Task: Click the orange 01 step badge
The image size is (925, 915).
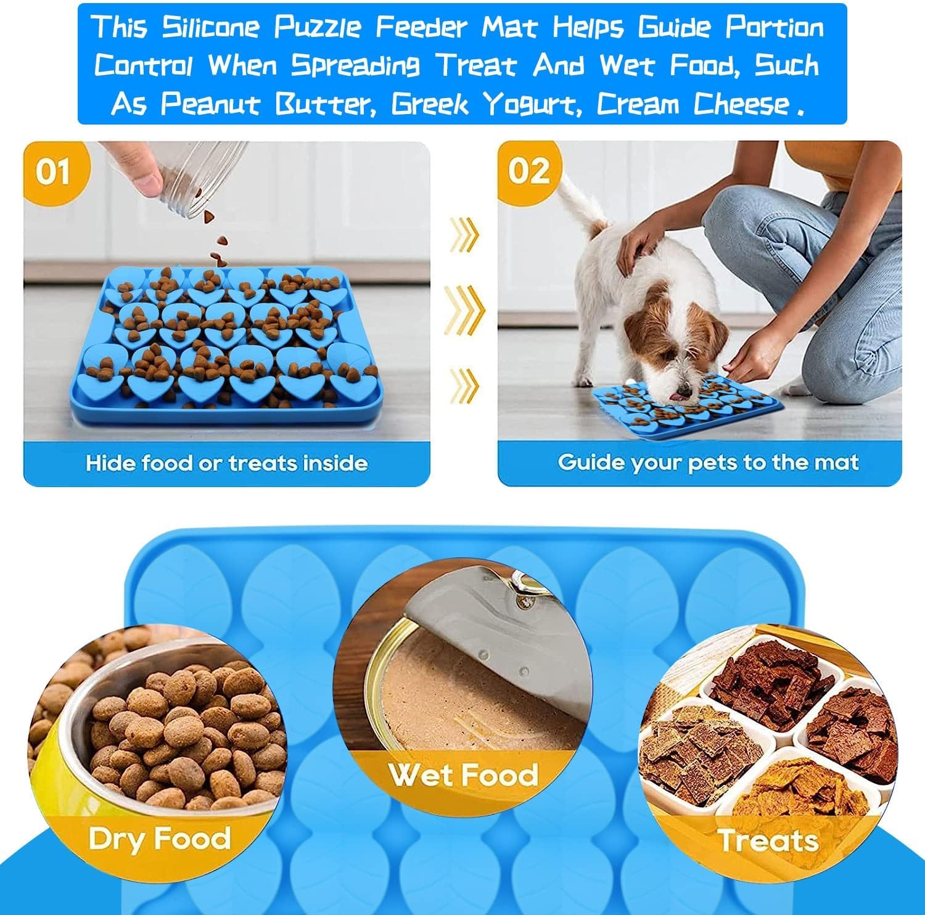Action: pyautogui.click(x=54, y=171)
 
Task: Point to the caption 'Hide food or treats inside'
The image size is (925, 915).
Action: pyautogui.click(x=226, y=462)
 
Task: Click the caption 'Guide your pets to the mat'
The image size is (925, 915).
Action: pyautogui.click(x=708, y=462)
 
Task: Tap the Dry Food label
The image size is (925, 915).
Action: pyautogui.click(x=159, y=839)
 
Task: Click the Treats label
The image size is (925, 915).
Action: pyautogui.click(x=768, y=840)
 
